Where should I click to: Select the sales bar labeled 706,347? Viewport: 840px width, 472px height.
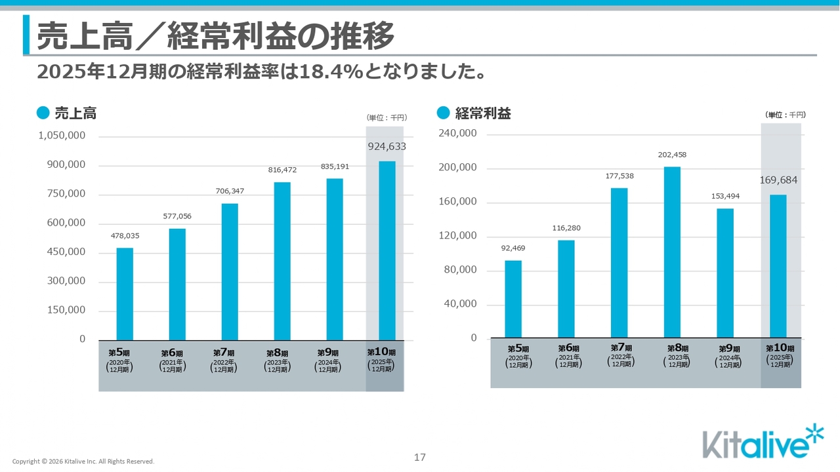[230, 271]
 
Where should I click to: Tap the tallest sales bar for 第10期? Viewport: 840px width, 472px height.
[387, 250]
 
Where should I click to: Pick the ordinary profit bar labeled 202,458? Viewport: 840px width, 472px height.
[672, 252]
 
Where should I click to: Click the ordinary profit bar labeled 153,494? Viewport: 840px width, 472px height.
[725, 273]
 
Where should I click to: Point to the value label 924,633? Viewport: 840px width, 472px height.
[387, 147]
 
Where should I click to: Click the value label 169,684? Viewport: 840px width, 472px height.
[778, 180]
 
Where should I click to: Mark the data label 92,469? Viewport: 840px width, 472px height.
[513, 248]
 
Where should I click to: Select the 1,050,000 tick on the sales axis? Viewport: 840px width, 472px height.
[62, 136]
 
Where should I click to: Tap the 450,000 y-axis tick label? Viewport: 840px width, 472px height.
[66, 252]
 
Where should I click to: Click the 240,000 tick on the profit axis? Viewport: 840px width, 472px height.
[457, 133]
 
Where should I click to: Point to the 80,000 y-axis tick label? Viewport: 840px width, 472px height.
[460, 269]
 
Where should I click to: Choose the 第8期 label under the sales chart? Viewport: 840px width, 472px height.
[277, 353]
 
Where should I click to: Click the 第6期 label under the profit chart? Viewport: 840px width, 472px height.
[569, 349]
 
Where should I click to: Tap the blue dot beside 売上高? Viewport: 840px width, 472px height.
[43, 113]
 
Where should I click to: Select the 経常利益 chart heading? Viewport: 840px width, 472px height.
[483, 113]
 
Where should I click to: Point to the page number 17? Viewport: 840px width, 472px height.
[420, 457]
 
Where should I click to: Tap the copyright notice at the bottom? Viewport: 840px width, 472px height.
[83, 462]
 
